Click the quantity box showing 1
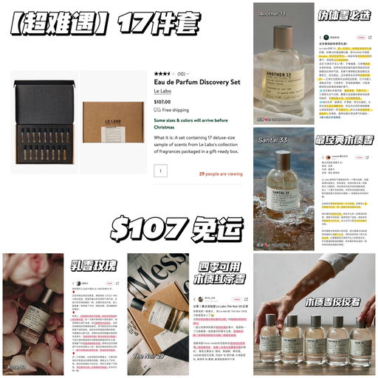click(x=160, y=171)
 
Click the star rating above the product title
click(x=163, y=74)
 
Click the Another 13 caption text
click(x=272, y=13)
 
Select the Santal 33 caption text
click(x=273, y=137)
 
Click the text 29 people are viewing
click(x=220, y=174)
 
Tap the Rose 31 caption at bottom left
click(x=16, y=366)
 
